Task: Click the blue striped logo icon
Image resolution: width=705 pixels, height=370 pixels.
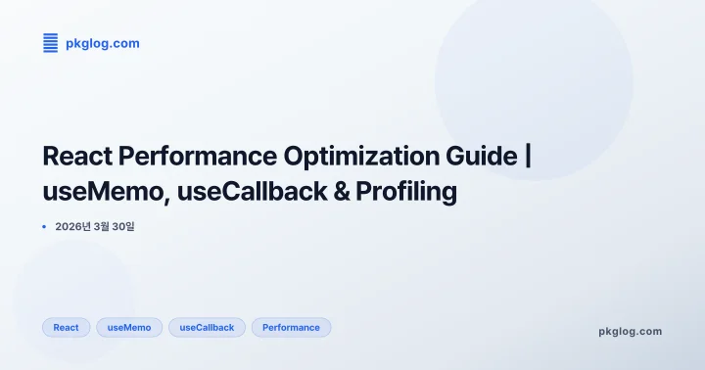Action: click(51, 43)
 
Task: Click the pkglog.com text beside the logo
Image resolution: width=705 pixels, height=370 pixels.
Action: click(102, 43)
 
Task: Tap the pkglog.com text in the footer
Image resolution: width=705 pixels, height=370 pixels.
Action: click(630, 331)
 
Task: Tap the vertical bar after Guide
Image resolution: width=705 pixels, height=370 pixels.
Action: click(529, 157)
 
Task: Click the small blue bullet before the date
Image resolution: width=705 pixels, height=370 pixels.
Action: click(44, 226)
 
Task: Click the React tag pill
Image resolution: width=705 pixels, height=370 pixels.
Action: click(67, 327)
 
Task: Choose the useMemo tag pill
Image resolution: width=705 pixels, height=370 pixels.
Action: click(129, 327)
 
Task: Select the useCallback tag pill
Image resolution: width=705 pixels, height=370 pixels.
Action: click(207, 327)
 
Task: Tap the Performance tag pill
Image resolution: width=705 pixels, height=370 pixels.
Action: click(291, 327)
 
